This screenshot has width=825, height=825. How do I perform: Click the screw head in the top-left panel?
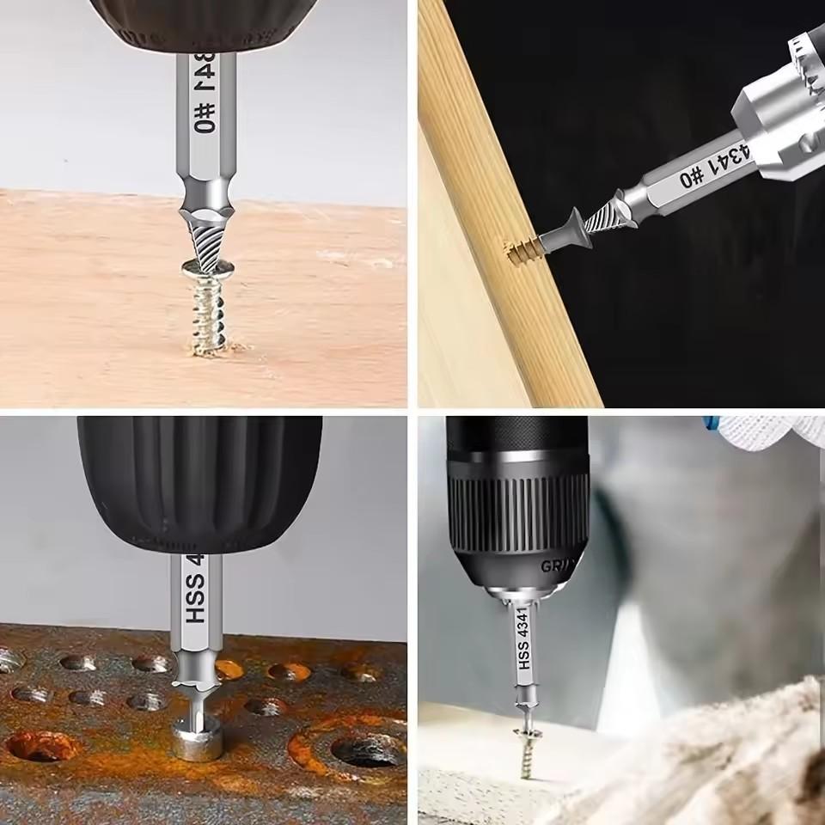[x=206, y=273]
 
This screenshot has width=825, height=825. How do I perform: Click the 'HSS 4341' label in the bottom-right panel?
[x=523, y=640]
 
